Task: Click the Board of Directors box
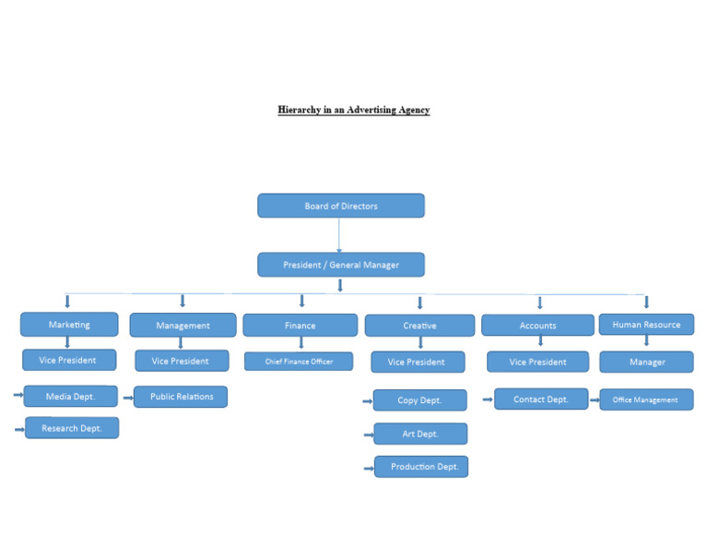click(341, 206)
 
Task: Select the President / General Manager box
click(341, 265)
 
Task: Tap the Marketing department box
click(69, 325)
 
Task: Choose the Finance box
click(300, 326)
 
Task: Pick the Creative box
click(419, 326)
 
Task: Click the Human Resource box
click(646, 325)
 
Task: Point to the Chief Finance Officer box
click(299, 362)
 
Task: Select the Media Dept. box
click(70, 397)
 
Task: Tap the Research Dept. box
click(71, 428)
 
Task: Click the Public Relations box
click(181, 397)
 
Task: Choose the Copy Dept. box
click(419, 400)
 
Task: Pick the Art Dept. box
click(419, 434)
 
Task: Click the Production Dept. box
click(421, 467)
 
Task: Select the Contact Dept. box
click(541, 399)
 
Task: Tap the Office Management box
click(645, 400)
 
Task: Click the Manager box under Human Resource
click(646, 363)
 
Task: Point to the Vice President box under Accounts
click(537, 363)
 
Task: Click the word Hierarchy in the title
click(299, 110)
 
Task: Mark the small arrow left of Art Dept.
click(369, 435)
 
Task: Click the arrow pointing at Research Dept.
click(19, 429)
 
